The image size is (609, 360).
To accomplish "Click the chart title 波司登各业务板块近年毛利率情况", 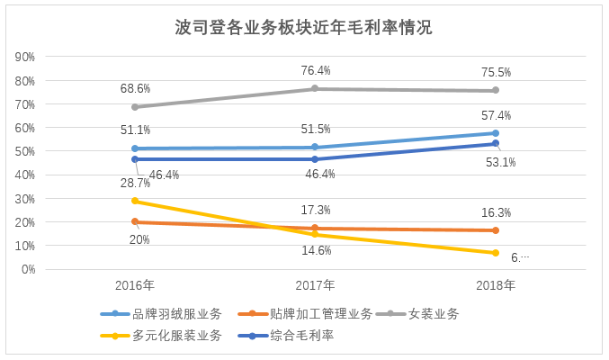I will coord(304,27).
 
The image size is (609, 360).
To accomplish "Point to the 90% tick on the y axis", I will coord(25,57).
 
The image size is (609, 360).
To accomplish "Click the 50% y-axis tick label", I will coord(25,151).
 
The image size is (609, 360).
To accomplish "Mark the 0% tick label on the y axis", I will coord(28,269).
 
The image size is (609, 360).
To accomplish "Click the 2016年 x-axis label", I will coord(135,285).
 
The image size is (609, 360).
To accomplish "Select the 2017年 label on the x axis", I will coord(315,285).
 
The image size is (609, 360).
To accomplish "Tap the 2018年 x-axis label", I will coord(496,285).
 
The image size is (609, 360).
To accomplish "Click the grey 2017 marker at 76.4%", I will coord(315,88).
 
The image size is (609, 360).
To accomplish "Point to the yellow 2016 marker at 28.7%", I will coord(135,201).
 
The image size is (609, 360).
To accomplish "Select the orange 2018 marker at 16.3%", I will coord(496,230).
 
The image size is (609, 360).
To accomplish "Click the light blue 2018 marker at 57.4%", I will coord(496,133).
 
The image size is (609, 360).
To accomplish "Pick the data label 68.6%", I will coord(135,89).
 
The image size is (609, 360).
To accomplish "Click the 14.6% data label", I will coord(316,250).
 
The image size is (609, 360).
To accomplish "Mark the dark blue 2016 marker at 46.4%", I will coord(135,159).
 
